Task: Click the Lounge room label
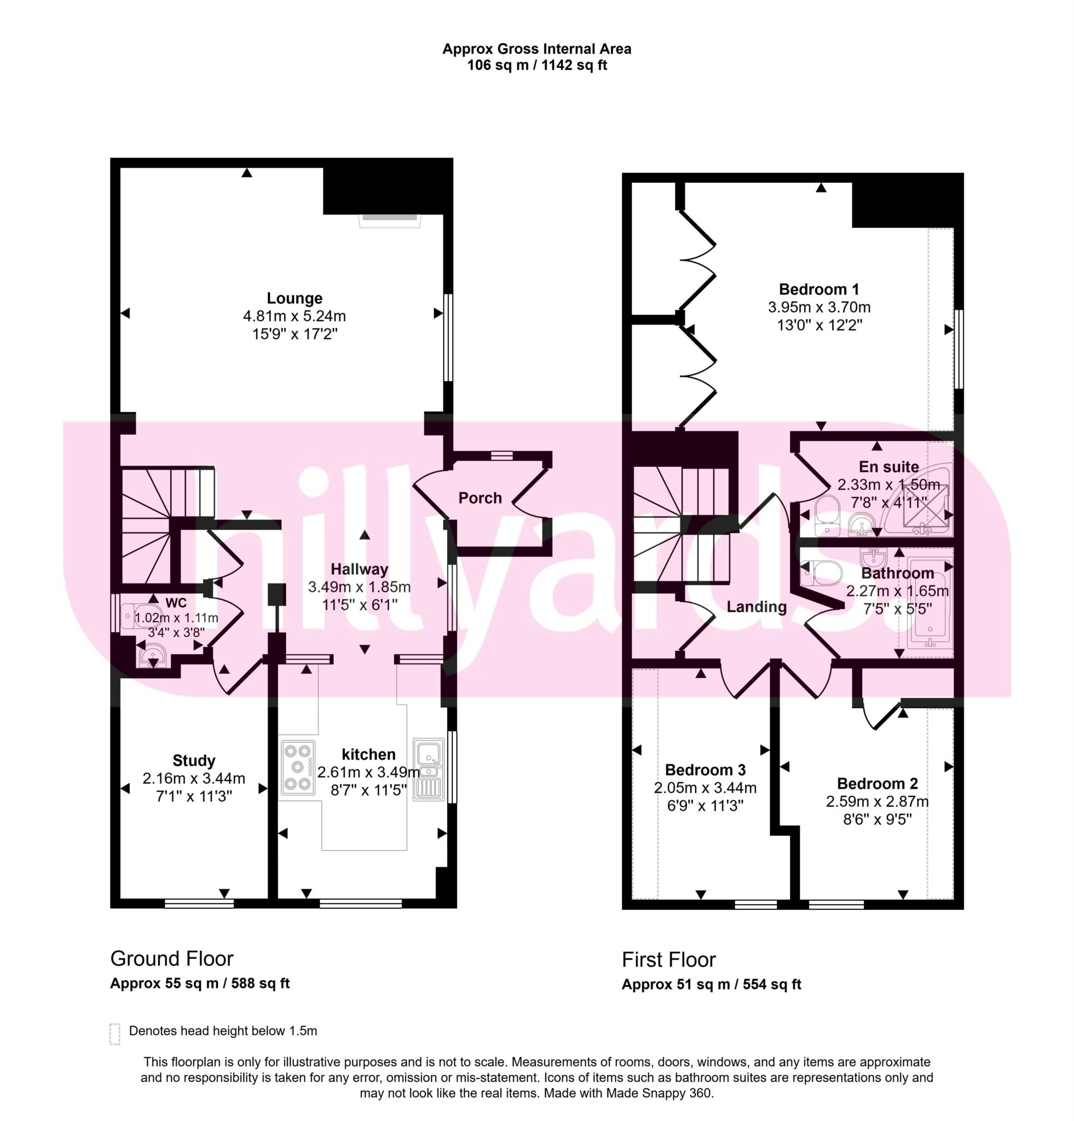(295, 298)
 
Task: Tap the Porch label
(480, 498)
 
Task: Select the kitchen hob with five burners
(297, 767)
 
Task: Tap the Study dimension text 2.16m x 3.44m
(194, 778)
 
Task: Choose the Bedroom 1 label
(818, 290)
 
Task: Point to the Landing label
(756, 606)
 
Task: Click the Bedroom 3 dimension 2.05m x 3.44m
(705, 788)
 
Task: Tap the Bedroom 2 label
(877, 783)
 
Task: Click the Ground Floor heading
(171, 958)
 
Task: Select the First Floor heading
(668, 959)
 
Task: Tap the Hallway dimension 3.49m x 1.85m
(359, 586)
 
